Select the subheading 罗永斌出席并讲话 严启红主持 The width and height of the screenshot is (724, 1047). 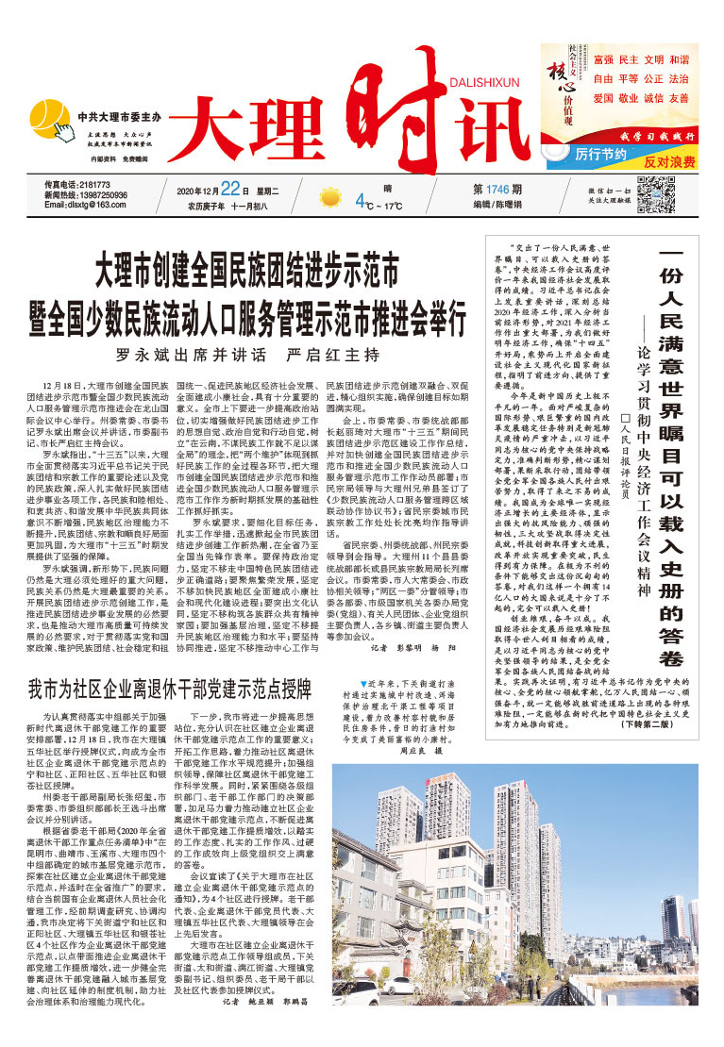[x=247, y=356]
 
